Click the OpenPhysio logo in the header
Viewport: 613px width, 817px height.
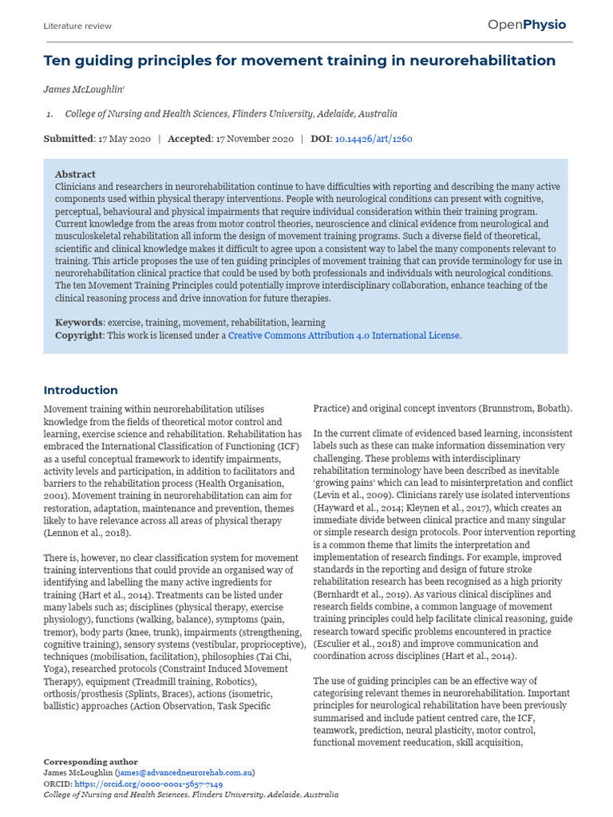pos(527,25)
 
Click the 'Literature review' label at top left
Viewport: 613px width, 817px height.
pos(77,26)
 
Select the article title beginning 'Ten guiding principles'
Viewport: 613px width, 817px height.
pos(299,61)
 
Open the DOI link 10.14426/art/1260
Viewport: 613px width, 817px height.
pos(374,139)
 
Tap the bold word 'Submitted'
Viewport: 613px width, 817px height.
pos(69,139)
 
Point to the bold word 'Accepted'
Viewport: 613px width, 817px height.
pos(190,139)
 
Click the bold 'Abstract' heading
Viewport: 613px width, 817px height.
pos(75,174)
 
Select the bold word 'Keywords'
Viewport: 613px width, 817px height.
pos(79,323)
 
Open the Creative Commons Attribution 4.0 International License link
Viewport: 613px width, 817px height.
pos(344,336)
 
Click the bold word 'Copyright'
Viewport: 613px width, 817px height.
pos(79,336)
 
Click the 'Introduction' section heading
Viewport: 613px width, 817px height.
pos(81,390)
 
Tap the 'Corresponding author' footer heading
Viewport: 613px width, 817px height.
pos(90,762)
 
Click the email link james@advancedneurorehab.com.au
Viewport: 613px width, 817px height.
pos(185,773)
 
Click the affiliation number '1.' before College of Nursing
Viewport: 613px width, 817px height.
pos(49,114)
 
